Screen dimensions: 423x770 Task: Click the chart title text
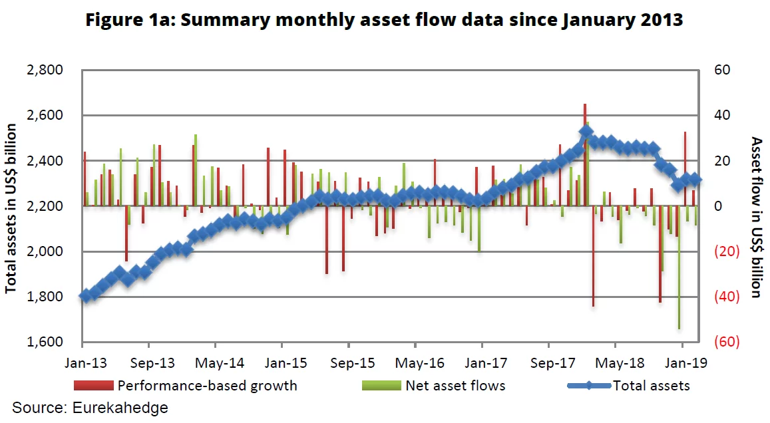[x=385, y=20]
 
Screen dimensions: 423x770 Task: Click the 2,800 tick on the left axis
[x=44, y=70]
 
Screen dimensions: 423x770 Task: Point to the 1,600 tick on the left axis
[x=44, y=342]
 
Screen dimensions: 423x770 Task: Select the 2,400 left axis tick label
[x=44, y=161]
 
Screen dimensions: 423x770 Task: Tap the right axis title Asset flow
[x=756, y=217]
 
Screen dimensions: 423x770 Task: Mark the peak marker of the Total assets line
[x=586, y=132]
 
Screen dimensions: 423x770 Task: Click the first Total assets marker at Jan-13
[x=85, y=296]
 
